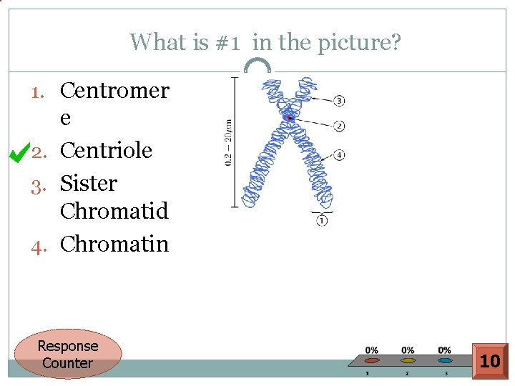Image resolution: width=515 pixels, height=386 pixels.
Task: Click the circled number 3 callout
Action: (x=339, y=100)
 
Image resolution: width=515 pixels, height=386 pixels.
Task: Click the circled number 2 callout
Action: (x=339, y=126)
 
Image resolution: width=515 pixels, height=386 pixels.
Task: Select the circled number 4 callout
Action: (x=339, y=154)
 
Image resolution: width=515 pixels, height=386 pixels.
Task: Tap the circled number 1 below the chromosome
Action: (x=322, y=221)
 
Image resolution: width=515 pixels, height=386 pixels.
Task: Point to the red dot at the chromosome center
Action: (x=288, y=117)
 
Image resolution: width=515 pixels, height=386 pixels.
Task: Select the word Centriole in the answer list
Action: (x=106, y=150)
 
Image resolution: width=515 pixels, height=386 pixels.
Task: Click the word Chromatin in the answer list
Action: (x=114, y=244)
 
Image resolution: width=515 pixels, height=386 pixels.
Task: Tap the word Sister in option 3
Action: (x=88, y=183)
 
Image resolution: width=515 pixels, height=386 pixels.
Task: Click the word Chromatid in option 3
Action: (x=114, y=211)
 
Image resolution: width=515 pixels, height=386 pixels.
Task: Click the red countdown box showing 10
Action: (x=490, y=361)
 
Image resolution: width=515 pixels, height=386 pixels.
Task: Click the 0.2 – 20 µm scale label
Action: (x=228, y=141)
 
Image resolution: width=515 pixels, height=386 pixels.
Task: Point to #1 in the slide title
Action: (x=227, y=42)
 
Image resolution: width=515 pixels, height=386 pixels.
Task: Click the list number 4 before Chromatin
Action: (x=40, y=244)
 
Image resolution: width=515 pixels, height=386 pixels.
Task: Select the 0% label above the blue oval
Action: (x=444, y=350)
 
